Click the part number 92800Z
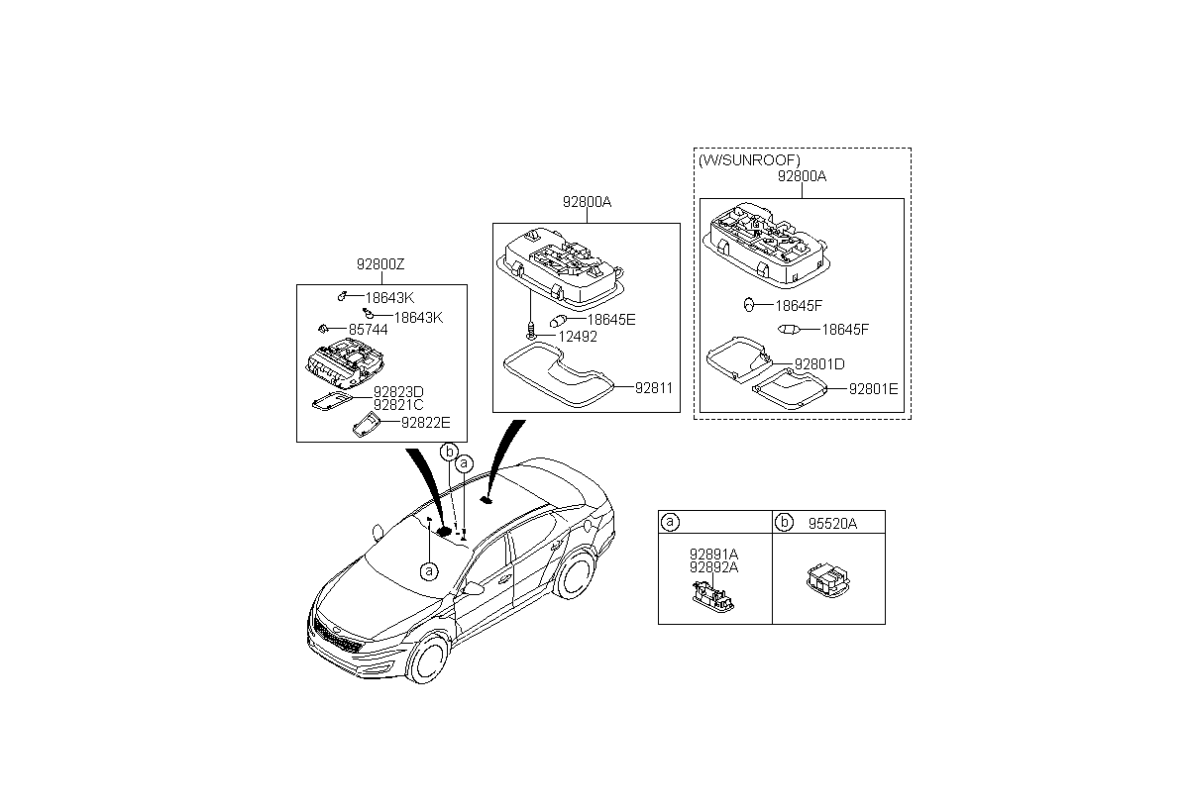[x=380, y=264]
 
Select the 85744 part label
[x=368, y=330]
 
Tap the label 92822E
[x=425, y=423]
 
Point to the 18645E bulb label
[x=611, y=320]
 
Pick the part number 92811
[x=653, y=388]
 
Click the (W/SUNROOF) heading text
[x=749, y=160]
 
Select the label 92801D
[x=819, y=364]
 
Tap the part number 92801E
[x=873, y=389]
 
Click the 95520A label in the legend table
[x=832, y=524]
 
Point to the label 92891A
[x=713, y=555]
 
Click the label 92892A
[x=713, y=567]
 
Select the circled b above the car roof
[x=449, y=452]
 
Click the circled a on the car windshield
[x=429, y=571]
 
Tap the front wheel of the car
[x=427, y=660]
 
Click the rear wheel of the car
[x=576, y=574]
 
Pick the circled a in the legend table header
[x=670, y=523]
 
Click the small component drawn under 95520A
[x=828, y=580]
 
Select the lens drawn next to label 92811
[x=559, y=375]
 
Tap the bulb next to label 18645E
[x=558, y=321]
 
